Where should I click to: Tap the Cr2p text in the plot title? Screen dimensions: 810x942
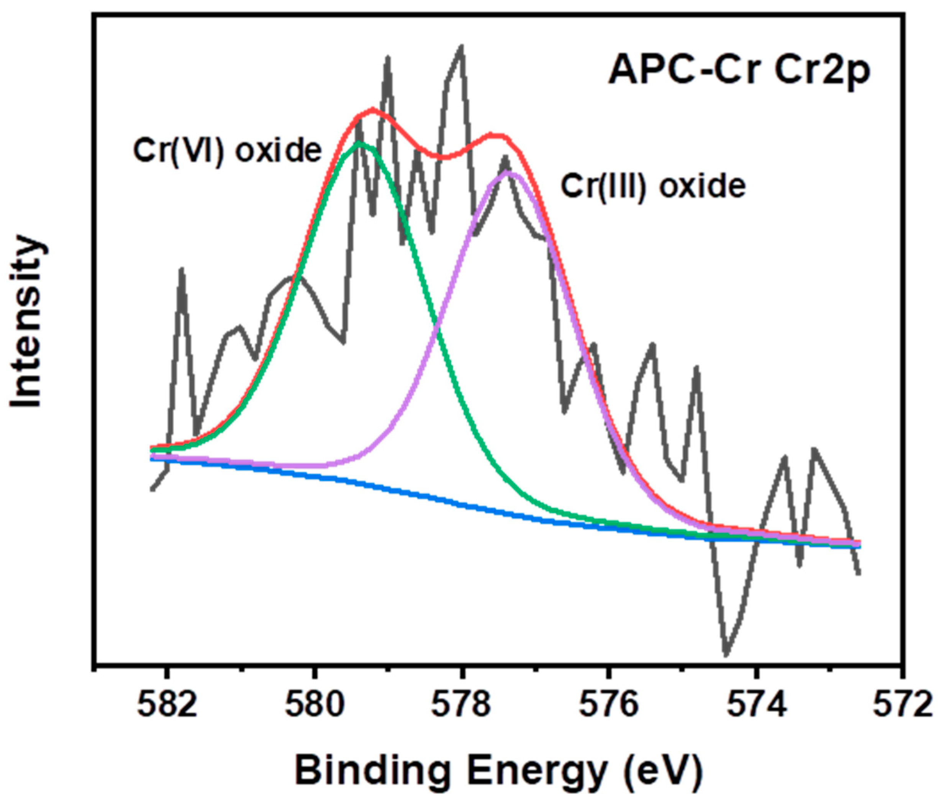tap(822, 71)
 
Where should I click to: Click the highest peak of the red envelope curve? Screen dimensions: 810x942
tap(373, 109)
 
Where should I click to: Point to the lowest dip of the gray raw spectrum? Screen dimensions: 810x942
tap(726, 655)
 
